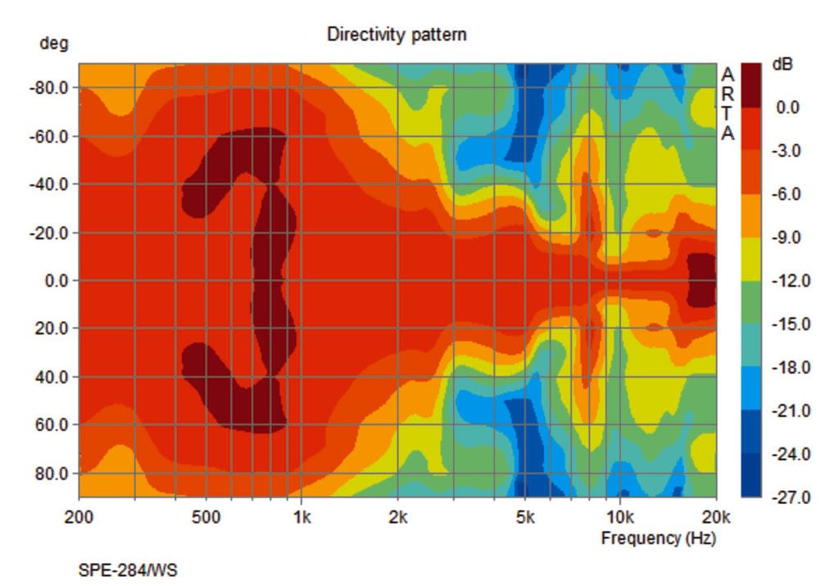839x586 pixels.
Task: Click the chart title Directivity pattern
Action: [397, 34]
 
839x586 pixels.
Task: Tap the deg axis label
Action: [54, 44]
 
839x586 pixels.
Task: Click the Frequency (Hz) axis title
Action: [658, 538]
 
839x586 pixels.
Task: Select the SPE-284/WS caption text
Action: [127, 570]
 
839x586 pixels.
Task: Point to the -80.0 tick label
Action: [48, 87]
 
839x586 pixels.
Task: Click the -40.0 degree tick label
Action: [48, 184]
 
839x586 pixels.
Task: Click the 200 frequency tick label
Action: [79, 518]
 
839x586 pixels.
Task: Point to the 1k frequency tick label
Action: [302, 518]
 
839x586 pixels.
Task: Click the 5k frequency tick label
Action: [524, 518]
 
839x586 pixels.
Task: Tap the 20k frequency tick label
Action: [716, 518]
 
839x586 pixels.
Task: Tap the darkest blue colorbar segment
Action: [751, 475]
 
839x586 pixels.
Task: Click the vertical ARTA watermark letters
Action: [728, 104]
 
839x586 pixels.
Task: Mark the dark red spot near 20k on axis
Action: [701, 280]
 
